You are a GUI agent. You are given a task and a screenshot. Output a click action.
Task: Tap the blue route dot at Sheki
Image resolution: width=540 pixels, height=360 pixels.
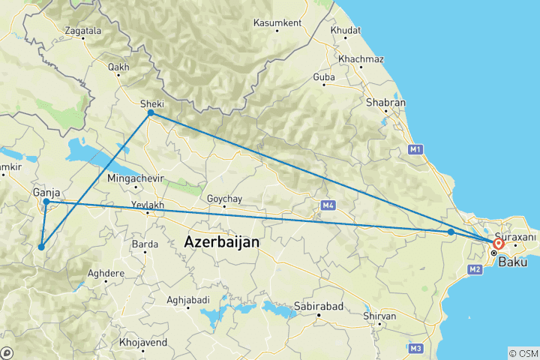[151, 112]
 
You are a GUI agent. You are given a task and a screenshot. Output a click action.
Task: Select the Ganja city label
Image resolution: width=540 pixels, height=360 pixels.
[46, 193]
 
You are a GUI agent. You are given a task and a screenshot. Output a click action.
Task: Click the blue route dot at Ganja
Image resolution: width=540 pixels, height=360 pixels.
[46, 202]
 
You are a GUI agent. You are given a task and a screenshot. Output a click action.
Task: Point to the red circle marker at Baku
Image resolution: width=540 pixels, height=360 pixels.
[498, 244]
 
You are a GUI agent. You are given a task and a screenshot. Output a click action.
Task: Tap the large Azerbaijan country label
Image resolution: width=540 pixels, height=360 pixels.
[221, 242]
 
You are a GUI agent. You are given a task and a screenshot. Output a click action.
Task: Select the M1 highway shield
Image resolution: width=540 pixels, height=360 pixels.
[416, 151]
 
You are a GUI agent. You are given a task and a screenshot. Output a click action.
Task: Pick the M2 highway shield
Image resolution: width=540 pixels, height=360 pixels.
[475, 269]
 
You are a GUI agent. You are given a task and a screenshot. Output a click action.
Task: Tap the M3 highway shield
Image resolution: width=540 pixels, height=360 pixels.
[416, 348]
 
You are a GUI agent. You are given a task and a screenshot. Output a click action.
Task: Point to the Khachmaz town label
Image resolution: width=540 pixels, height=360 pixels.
[361, 58]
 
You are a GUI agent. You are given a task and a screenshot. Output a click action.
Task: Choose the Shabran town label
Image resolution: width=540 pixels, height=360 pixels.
[385, 103]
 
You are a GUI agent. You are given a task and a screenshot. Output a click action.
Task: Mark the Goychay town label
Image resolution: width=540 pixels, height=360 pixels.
[223, 199]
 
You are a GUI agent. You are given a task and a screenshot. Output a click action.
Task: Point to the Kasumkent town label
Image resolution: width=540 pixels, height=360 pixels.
[277, 23]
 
